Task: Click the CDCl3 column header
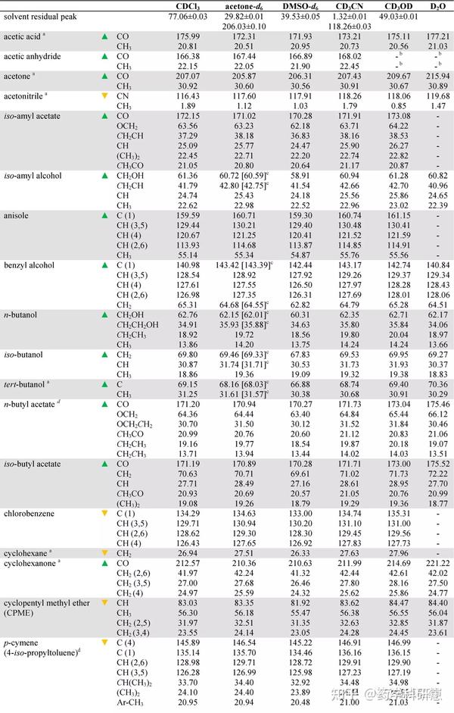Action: point(188,6)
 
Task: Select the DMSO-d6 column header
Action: point(300,6)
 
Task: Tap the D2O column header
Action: point(437,6)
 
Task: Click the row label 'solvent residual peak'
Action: point(40,17)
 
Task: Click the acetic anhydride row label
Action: point(33,56)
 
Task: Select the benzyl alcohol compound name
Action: point(29,265)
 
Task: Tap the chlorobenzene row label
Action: point(29,514)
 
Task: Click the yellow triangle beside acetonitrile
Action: point(105,96)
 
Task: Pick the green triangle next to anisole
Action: point(105,215)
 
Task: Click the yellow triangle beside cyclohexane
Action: point(105,553)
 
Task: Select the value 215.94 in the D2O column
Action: point(437,77)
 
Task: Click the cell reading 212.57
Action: point(188,563)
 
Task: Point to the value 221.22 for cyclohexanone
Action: point(437,563)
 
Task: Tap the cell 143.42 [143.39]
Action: point(244,265)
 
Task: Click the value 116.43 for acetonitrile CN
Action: point(188,96)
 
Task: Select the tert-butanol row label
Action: point(26,385)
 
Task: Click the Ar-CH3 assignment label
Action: point(130,702)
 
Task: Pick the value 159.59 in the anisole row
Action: point(188,215)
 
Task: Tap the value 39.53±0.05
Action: point(300,17)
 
